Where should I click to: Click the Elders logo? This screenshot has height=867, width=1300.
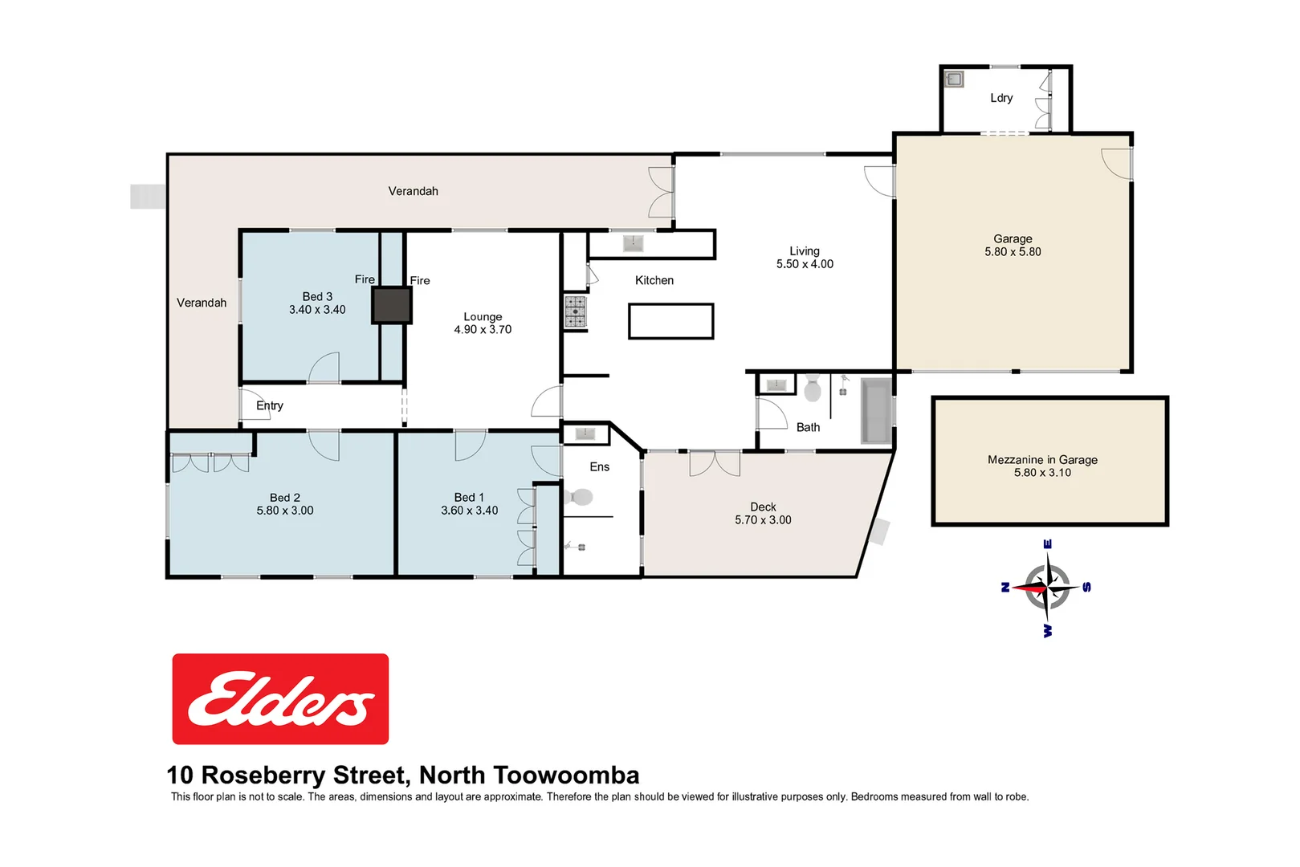point(280,698)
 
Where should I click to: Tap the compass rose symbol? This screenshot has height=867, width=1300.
point(1047,588)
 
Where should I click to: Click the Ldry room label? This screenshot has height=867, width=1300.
point(1000,98)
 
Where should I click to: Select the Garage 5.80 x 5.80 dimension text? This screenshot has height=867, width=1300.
point(1013,252)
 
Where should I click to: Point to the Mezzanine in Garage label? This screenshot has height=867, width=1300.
point(1042,460)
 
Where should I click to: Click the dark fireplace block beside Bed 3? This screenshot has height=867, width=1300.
point(392,305)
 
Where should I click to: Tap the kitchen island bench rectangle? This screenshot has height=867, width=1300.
point(671,321)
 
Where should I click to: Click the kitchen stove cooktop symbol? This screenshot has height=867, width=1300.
point(575,311)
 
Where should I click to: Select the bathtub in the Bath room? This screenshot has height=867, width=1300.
point(876,410)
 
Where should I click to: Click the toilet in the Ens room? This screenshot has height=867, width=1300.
point(579,498)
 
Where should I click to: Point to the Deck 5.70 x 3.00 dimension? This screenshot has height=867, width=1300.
point(763,520)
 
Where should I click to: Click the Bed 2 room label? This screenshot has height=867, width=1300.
point(285,498)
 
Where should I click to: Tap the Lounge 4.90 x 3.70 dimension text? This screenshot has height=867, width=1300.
point(483,330)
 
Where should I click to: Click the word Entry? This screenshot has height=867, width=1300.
point(270,405)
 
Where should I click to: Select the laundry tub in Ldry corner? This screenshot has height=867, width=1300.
point(954,79)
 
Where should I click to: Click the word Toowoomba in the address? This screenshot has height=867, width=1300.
point(566,775)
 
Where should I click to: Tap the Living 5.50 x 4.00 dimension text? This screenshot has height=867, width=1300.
point(805,264)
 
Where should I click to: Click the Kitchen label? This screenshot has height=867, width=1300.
point(654,280)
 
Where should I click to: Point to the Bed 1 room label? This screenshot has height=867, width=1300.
point(469,498)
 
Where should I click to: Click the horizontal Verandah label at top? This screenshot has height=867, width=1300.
point(413,191)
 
